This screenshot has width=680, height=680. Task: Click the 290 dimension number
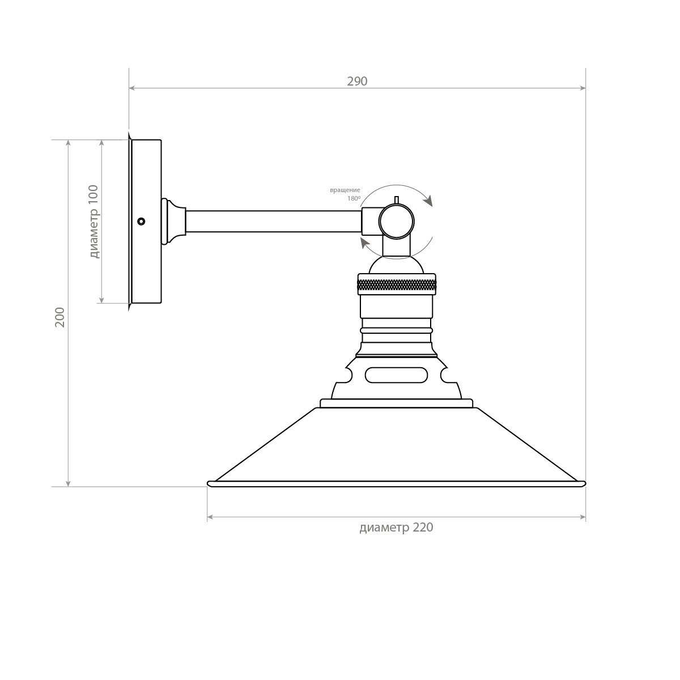point(357,81)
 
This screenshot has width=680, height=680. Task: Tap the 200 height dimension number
point(60,317)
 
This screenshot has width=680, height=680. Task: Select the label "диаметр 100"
point(94,221)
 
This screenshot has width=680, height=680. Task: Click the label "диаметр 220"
point(396,527)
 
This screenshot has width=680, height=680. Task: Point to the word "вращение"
point(345,190)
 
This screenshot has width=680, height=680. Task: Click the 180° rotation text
point(354,198)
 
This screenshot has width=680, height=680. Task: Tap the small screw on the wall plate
point(141,221)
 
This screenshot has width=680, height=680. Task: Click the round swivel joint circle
point(396,221)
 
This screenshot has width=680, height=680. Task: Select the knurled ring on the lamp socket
point(397,284)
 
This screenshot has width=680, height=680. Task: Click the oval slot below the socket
point(396,375)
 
